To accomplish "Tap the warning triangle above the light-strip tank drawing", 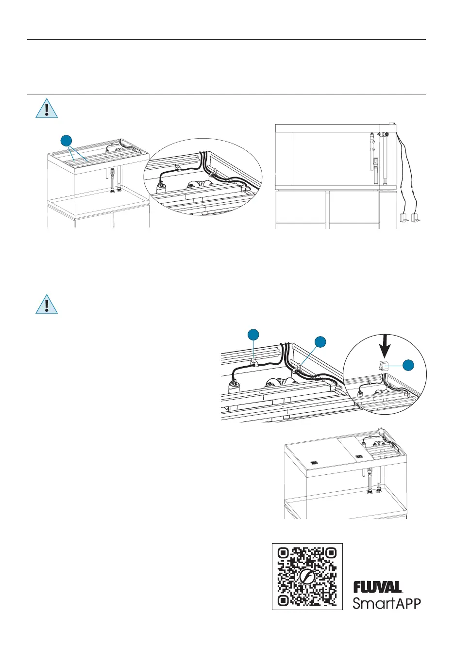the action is (47, 109).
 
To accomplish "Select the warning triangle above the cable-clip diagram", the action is (47, 304).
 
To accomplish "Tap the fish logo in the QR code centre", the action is (307, 577).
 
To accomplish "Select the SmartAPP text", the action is (387, 603).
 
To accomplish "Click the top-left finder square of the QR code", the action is (284, 554).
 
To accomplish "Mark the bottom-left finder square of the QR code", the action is (284, 600).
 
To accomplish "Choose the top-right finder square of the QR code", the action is (330, 554).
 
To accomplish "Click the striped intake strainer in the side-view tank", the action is (376, 160).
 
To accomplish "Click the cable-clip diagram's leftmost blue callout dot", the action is (253, 335).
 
